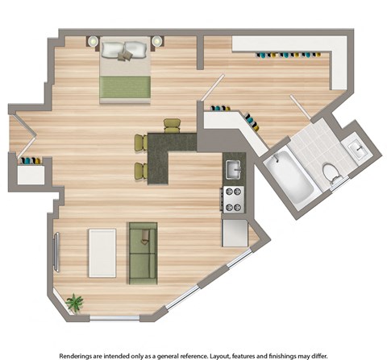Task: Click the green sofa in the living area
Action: [x=144, y=253]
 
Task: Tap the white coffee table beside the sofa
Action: [x=102, y=253]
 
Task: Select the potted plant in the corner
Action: [x=75, y=303]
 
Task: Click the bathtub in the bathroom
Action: [x=287, y=179]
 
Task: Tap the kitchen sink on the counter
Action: [x=232, y=170]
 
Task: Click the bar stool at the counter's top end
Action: [x=173, y=125]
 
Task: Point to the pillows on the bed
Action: [x=125, y=50]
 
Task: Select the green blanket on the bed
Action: [x=125, y=86]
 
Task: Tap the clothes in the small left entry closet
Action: [x=31, y=160]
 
